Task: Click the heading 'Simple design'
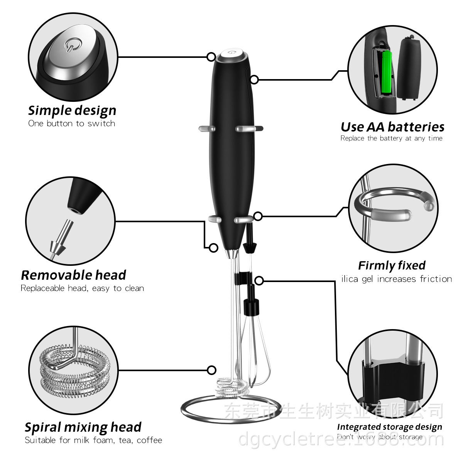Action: [x=72, y=110]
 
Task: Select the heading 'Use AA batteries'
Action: [x=392, y=127]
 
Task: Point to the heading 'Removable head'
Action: [x=73, y=275]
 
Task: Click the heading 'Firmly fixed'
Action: [x=392, y=265]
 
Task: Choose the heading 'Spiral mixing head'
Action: [x=83, y=427]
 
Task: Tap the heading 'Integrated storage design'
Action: [x=389, y=427]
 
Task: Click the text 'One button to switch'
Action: [x=72, y=123]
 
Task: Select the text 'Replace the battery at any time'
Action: [x=391, y=138]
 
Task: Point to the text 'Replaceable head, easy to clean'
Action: [x=82, y=288]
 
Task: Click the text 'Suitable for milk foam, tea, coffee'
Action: [x=93, y=440]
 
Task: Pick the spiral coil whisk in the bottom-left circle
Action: [x=73, y=370]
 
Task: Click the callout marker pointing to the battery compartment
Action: [x=254, y=79]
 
